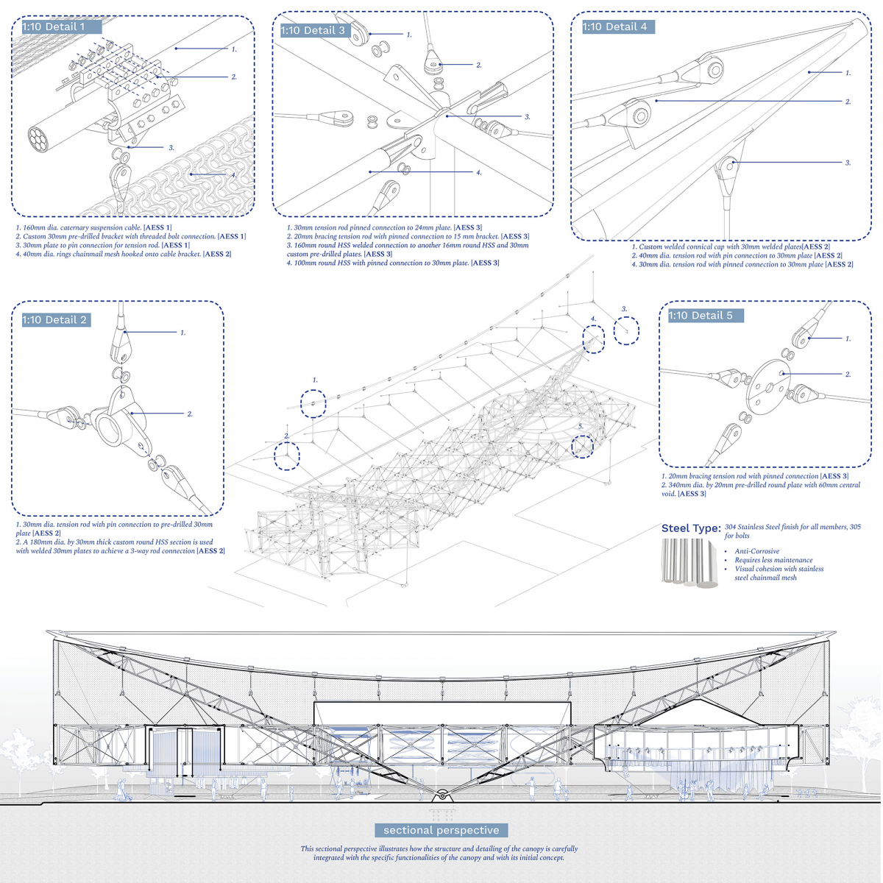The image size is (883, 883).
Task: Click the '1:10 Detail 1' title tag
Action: click(x=54, y=27)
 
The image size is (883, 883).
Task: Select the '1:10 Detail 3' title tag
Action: click(x=313, y=30)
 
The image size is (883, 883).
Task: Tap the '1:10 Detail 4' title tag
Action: click(x=614, y=27)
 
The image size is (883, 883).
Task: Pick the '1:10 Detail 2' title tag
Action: click(x=54, y=320)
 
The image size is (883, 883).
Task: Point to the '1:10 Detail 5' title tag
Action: click(x=701, y=316)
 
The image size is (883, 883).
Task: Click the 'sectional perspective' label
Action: click(x=441, y=830)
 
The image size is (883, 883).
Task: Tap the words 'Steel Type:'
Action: click(x=690, y=528)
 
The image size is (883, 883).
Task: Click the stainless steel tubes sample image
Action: click(x=689, y=562)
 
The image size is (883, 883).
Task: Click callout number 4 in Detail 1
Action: click(x=234, y=175)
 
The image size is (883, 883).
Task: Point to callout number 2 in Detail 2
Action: click(x=190, y=414)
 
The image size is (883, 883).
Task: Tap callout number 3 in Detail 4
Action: click(x=848, y=163)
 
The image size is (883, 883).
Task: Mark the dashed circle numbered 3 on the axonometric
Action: click(x=627, y=330)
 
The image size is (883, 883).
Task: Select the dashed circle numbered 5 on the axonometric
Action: click(x=582, y=446)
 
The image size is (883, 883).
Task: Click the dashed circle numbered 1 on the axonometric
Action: click(x=313, y=403)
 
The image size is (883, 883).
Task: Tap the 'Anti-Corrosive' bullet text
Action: click(x=756, y=551)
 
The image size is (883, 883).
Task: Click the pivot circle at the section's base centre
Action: click(x=441, y=795)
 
